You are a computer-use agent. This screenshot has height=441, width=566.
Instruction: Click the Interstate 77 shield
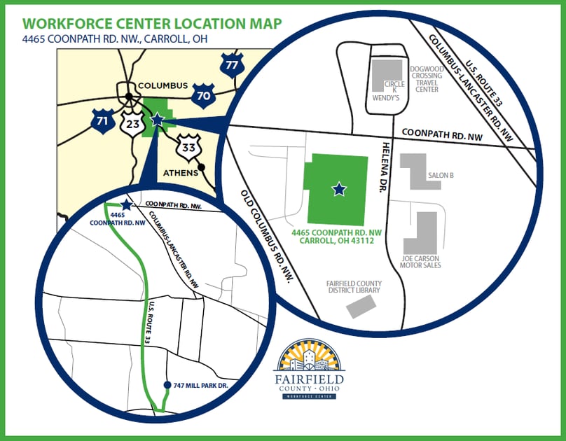(231, 65)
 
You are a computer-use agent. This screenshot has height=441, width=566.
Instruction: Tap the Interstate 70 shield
(202, 96)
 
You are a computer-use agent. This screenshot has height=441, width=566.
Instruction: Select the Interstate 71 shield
(102, 120)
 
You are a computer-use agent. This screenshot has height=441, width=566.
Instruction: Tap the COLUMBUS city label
(163, 85)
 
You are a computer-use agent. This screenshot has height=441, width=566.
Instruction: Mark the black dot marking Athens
(202, 167)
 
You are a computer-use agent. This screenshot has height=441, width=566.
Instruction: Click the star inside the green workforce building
(339, 188)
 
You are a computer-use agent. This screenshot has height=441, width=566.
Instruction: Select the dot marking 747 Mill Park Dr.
(167, 385)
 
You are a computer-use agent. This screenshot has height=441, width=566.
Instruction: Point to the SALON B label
(441, 175)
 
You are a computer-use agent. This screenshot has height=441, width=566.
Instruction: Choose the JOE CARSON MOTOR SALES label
(420, 261)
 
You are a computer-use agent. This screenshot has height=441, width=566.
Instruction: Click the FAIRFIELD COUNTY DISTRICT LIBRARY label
(354, 286)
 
